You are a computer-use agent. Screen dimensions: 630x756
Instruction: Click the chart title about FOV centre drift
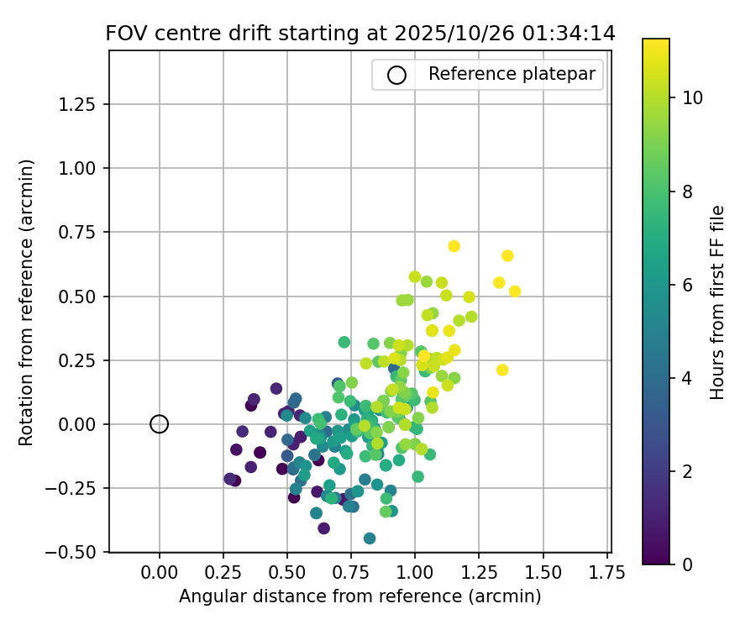click(360, 34)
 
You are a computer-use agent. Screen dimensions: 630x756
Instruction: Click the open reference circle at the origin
click(160, 424)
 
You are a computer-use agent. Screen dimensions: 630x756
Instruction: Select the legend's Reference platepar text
click(512, 74)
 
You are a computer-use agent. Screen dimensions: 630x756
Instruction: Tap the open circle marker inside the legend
click(396, 75)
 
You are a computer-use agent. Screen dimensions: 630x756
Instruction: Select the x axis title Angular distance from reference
click(360, 596)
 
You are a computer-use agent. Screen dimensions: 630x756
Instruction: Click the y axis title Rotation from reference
click(27, 302)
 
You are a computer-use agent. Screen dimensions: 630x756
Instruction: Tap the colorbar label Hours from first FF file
click(717, 302)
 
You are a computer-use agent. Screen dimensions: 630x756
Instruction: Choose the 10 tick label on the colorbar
click(693, 97)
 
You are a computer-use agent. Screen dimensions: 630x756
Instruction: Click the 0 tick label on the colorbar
click(687, 564)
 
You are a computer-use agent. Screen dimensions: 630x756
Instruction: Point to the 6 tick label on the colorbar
click(687, 285)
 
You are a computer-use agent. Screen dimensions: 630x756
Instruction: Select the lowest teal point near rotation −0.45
click(370, 538)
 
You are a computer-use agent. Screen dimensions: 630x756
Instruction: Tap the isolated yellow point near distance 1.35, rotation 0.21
click(502, 370)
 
